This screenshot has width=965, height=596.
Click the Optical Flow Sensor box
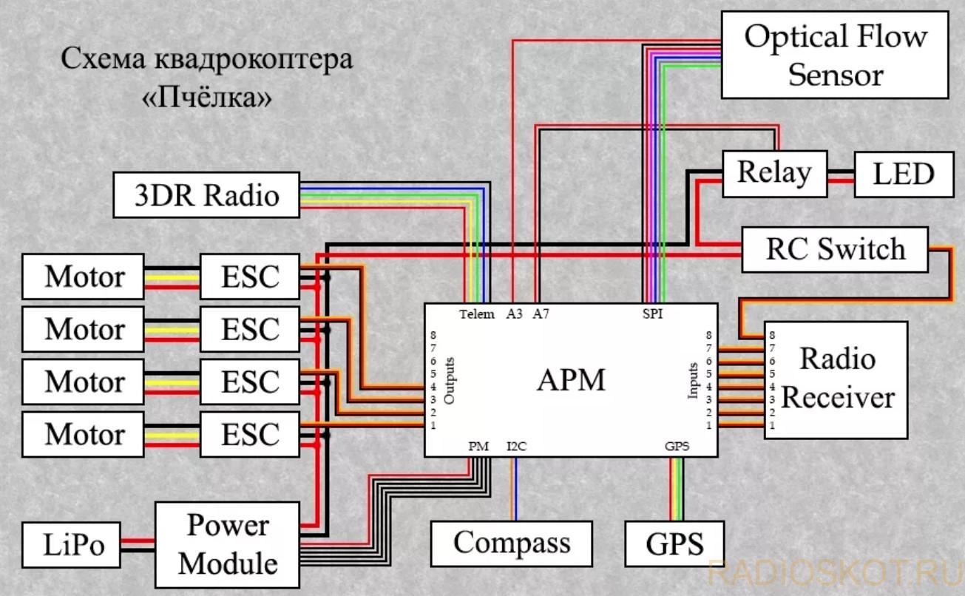(835, 55)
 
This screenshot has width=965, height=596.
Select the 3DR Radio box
(206, 194)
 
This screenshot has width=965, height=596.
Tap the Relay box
(774, 174)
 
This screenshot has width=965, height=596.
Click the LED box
(904, 174)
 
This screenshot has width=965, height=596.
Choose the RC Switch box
(835, 249)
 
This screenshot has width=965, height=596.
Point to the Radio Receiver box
(836, 380)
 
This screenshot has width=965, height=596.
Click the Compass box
(512, 543)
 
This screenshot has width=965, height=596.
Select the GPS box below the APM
(674, 543)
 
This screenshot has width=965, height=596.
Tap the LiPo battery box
(71, 545)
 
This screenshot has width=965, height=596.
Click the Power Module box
(227, 545)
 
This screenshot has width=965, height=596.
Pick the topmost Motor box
(83, 277)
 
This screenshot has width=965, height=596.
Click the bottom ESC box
(250, 434)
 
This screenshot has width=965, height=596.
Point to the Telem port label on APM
(476, 314)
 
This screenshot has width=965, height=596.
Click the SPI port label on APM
(652, 314)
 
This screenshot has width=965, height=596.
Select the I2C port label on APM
(517, 446)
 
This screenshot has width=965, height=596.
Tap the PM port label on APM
(478, 446)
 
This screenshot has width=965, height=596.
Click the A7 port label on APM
(541, 314)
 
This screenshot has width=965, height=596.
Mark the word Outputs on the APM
(449, 381)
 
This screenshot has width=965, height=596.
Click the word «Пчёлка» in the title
(207, 98)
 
